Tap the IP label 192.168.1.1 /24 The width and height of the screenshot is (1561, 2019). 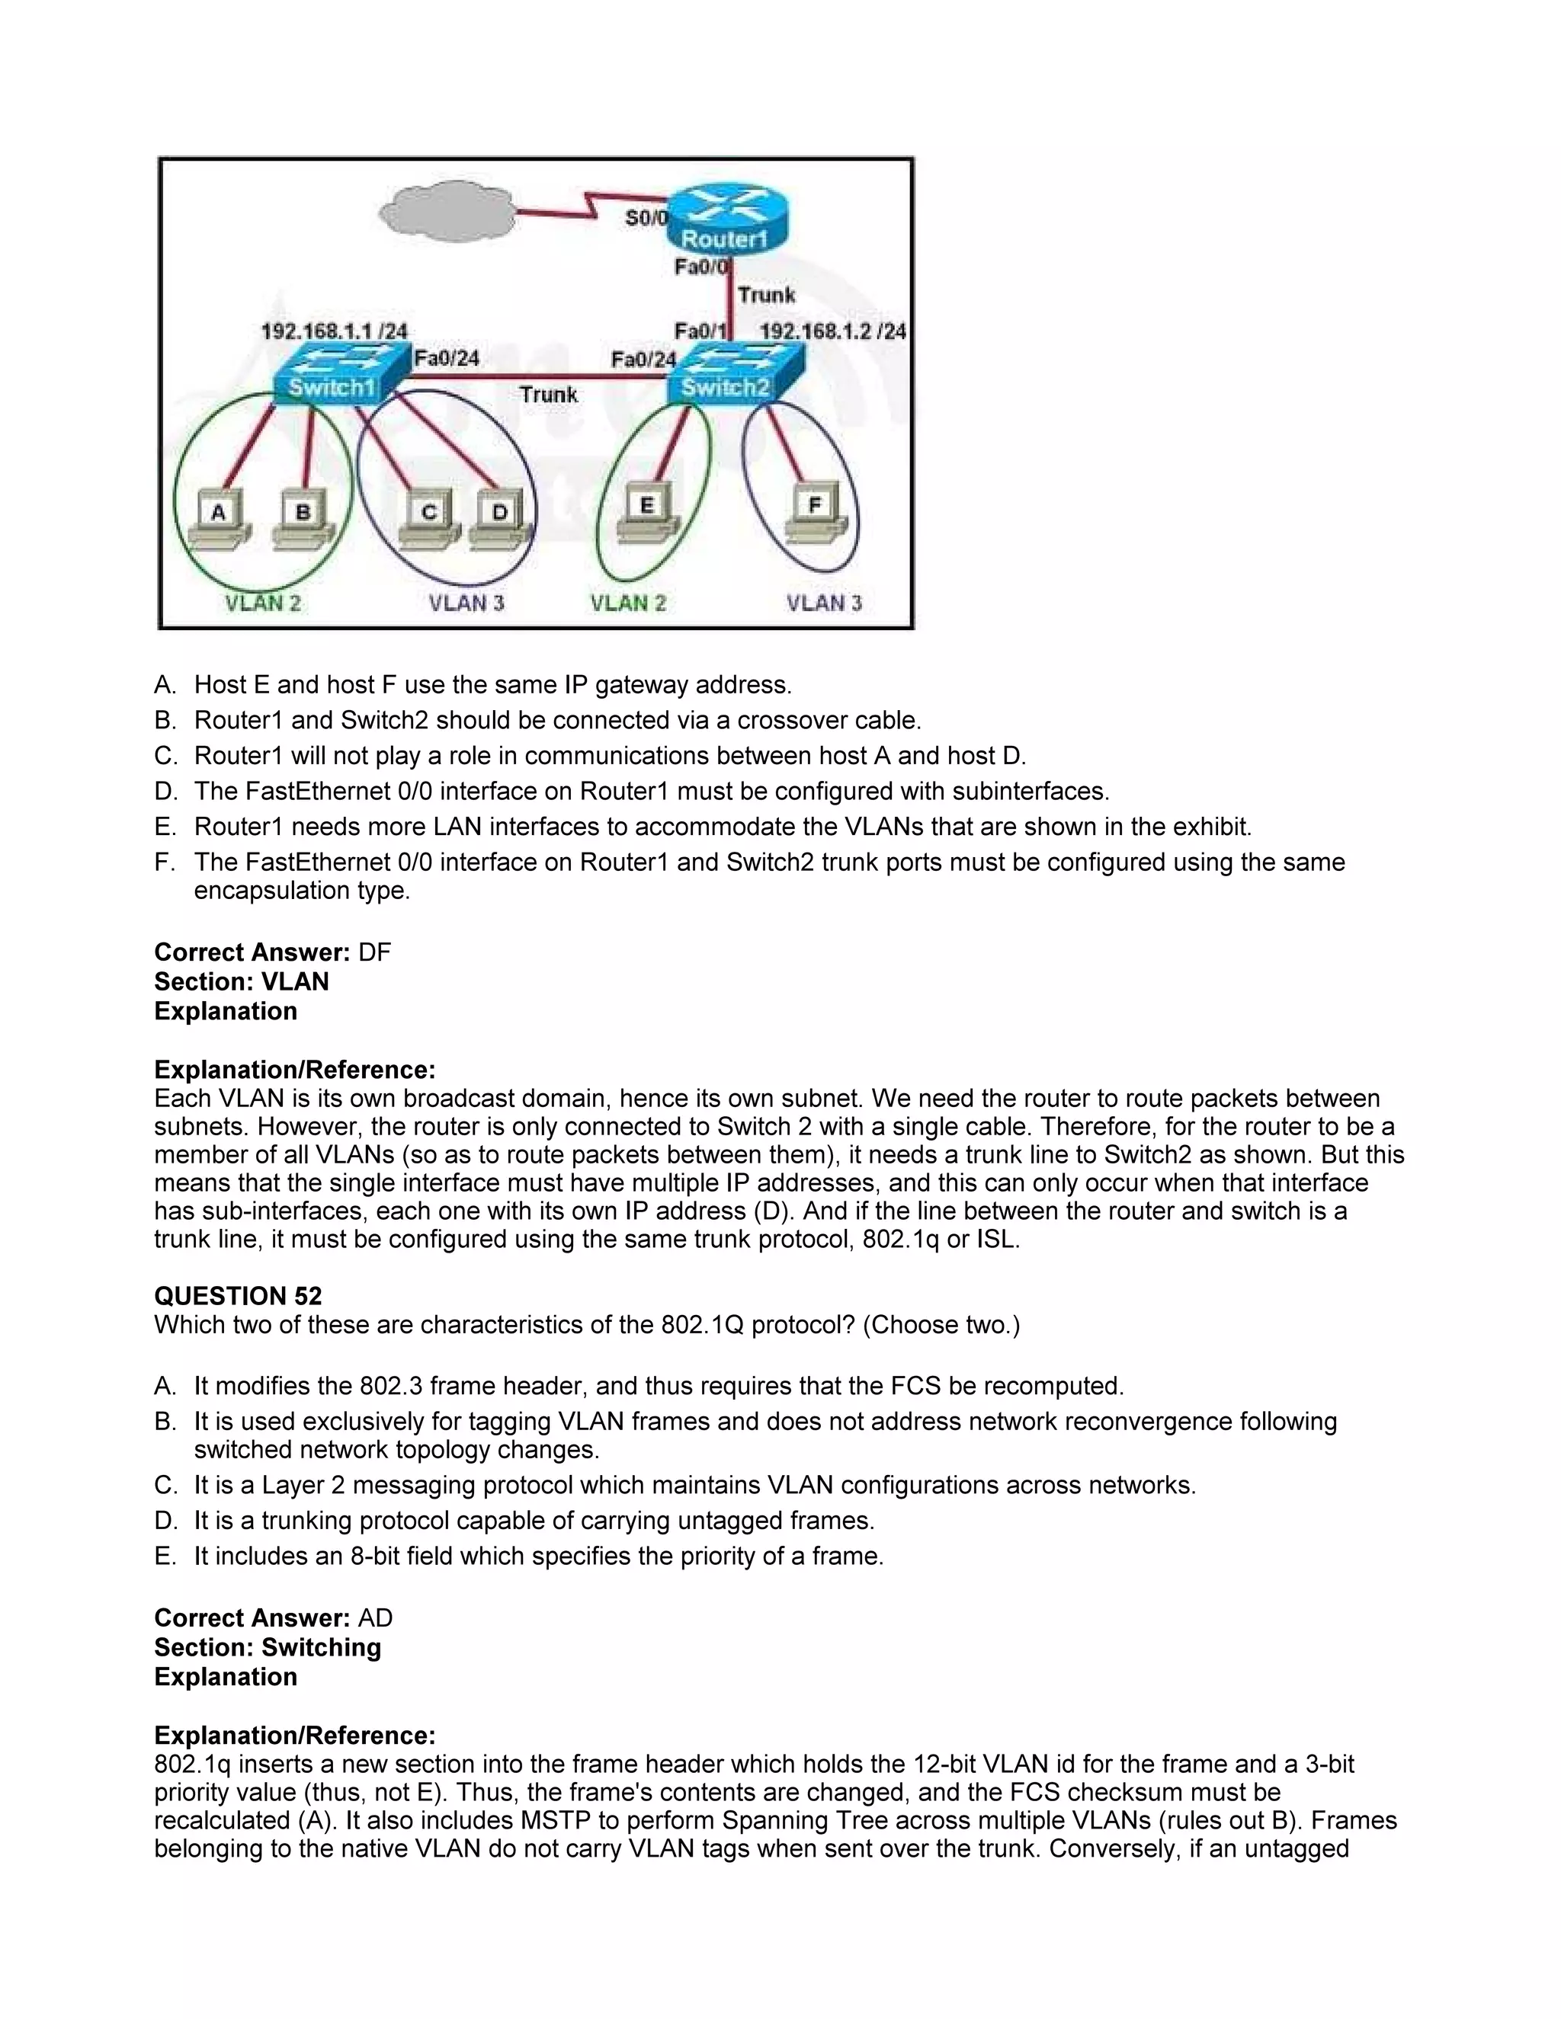(334, 331)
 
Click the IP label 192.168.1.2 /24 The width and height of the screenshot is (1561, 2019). (832, 331)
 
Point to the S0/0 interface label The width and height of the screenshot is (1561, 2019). (645, 218)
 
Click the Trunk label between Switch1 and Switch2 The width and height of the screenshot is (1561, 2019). (548, 395)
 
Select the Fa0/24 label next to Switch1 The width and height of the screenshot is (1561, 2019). (446, 358)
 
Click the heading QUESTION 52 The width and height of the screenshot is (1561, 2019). (238, 1296)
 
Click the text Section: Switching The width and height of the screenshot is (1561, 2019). (268, 1647)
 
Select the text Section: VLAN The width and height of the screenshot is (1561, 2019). (242, 982)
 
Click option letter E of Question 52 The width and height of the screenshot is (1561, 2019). (165, 1557)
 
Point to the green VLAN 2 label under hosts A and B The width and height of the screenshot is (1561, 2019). (264, 603)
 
